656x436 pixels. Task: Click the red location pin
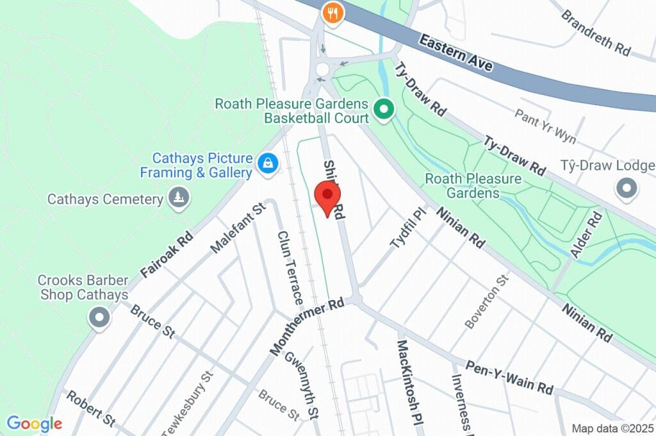tap(328, 196)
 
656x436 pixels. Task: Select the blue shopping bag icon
tap(267, 163)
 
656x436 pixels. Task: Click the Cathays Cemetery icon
tap(178, 197)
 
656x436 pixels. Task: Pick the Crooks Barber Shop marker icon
tap(99, 317)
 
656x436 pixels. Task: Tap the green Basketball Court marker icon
tap(384, 110)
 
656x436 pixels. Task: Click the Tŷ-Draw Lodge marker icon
tap(627, 189)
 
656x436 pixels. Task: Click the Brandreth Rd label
tap(596, 33)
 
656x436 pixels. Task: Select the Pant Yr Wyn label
tap(545, 125)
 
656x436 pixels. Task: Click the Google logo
tap(34, 423)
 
